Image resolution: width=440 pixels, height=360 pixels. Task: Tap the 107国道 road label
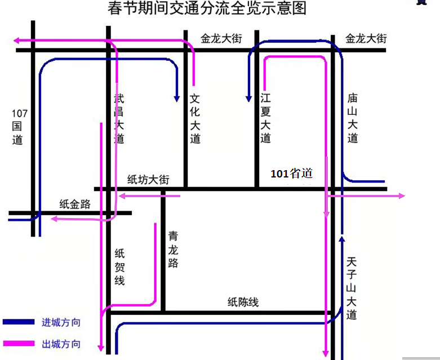19,127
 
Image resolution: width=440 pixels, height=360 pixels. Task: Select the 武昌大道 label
119,119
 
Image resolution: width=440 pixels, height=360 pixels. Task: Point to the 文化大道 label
195,119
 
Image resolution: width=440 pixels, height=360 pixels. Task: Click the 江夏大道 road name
266,119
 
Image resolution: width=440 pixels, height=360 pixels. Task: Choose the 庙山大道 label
353,119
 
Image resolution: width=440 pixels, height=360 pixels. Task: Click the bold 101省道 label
291,174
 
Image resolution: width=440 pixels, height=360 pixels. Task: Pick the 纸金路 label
75,205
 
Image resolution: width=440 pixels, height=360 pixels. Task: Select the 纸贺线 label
119,267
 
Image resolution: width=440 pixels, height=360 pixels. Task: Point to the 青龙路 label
173,250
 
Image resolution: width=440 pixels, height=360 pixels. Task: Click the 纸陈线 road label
243,303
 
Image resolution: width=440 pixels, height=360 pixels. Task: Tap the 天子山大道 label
353,288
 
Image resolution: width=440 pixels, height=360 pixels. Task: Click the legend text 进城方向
61,323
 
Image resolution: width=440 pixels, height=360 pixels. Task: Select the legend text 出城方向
61,344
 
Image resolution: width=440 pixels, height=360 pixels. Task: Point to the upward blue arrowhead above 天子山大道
341,239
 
